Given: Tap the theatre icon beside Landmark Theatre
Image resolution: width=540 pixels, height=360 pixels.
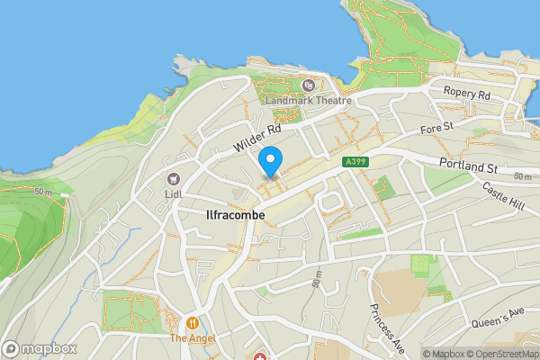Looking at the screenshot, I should (309, 85).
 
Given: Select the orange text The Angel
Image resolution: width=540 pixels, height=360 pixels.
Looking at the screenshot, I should (192, 339).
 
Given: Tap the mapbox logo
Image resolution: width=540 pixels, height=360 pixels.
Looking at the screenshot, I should (40, 348).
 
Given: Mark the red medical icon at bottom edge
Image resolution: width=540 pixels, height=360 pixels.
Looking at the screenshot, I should (262, 358).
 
